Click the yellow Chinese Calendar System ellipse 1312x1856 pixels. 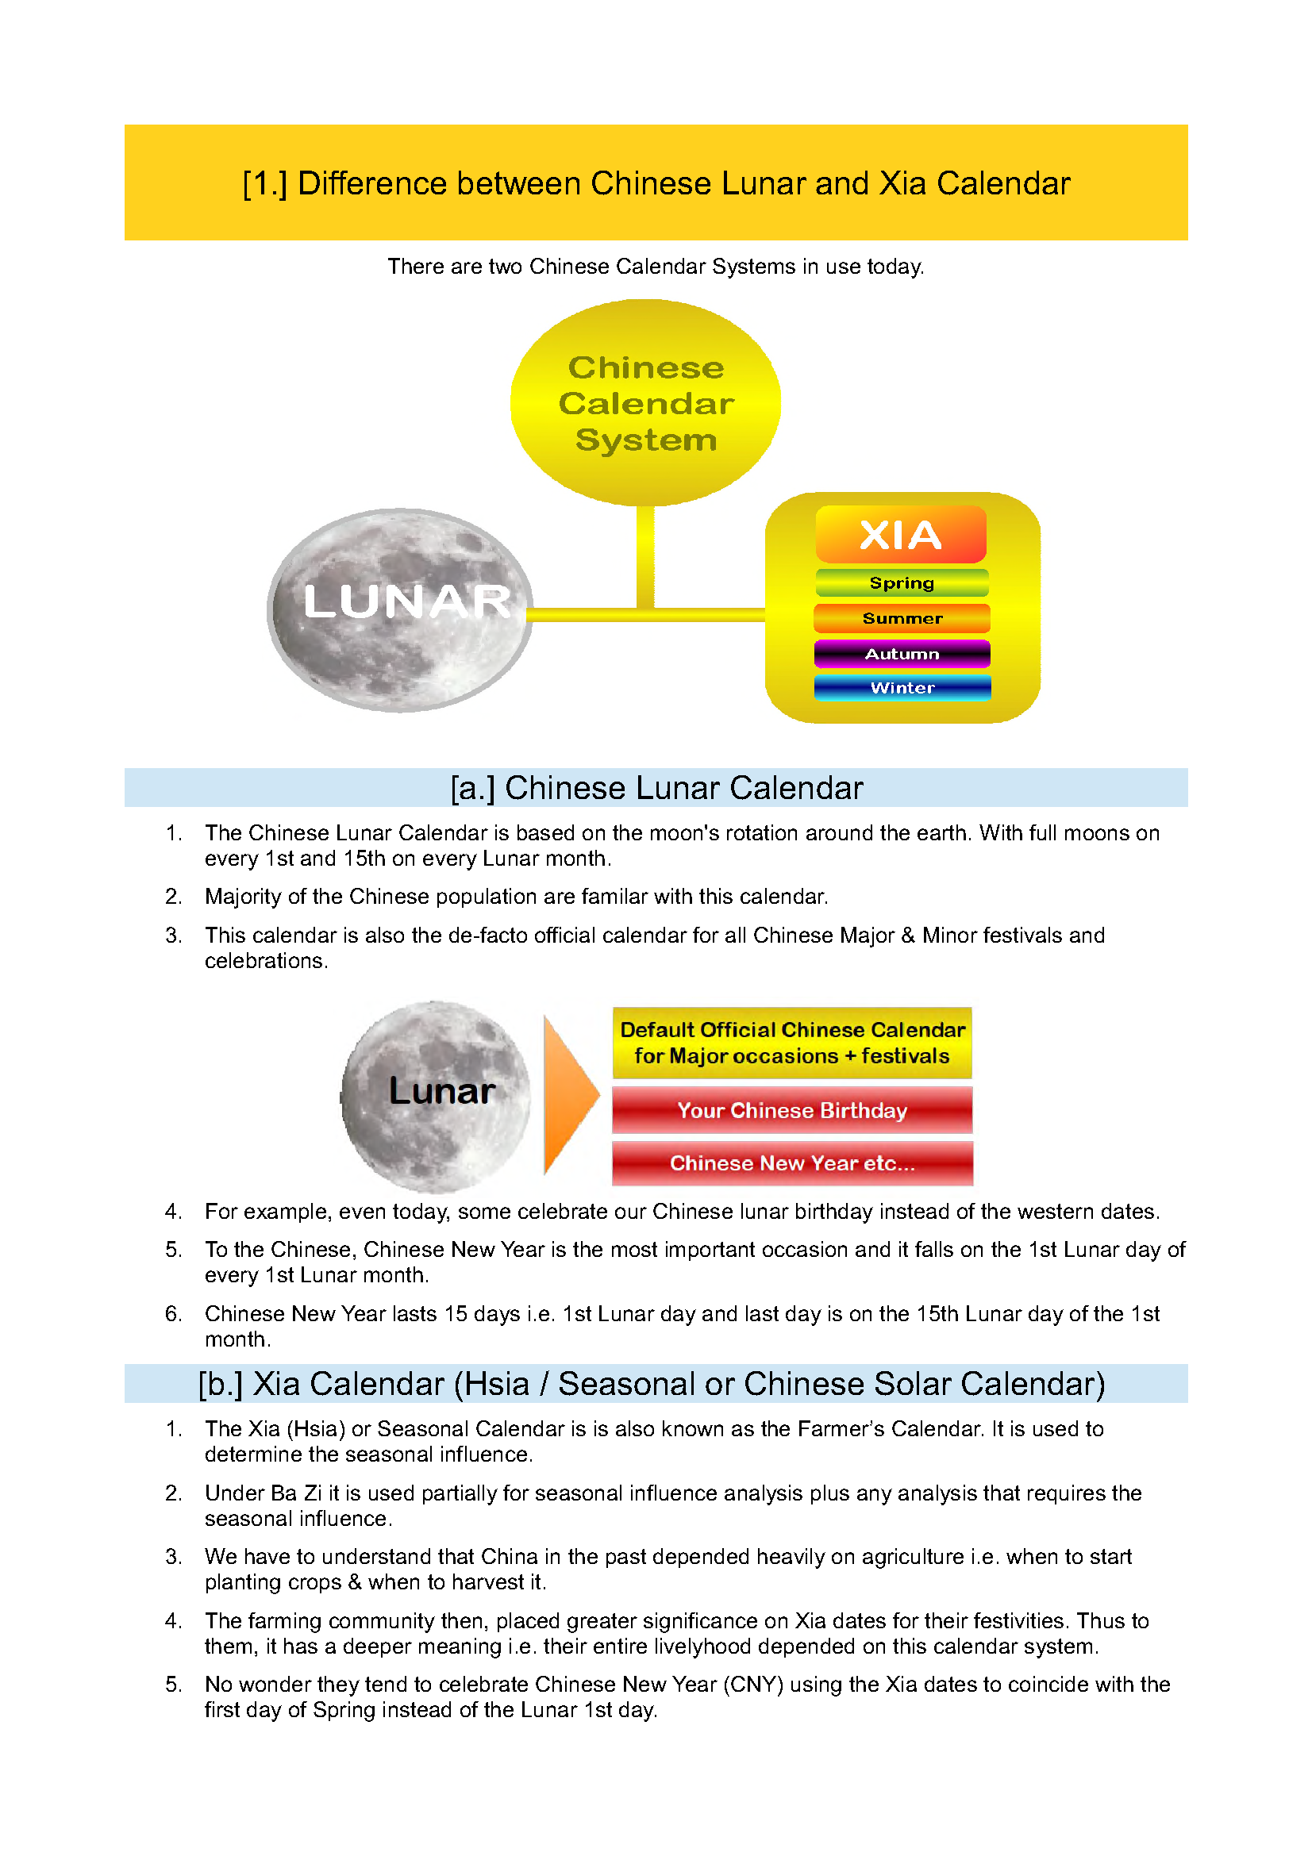645,402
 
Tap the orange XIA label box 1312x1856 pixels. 901,534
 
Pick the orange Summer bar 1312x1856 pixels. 902,618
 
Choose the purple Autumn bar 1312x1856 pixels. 902,654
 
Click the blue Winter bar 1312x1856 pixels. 902,688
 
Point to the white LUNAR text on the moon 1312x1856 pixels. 407,601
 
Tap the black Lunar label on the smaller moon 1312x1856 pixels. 441,1090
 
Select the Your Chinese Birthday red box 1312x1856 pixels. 792,1111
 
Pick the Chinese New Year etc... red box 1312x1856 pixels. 792,1163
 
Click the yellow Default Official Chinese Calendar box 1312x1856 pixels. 792,1043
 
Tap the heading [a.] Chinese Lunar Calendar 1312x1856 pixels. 656,788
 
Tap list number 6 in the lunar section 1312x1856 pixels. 173,1313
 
